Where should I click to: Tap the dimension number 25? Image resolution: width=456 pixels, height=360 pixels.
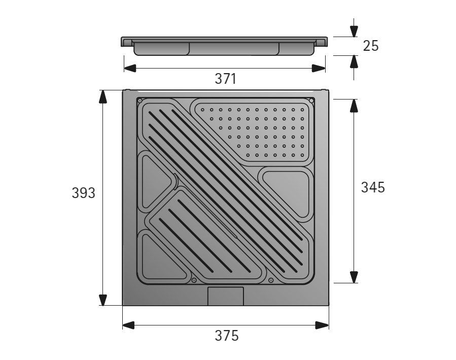click(x=371, y=46)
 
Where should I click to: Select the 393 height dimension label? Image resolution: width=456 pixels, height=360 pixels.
click(x=84, y=193)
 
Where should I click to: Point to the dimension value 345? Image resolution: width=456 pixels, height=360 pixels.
click(x=373, y=187)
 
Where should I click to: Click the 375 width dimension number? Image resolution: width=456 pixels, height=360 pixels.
click(x=225, y=336)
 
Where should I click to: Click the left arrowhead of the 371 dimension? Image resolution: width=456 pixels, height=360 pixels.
click(x=130, y=68)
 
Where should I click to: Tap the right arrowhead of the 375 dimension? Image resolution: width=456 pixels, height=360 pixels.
click(x=322, y=324)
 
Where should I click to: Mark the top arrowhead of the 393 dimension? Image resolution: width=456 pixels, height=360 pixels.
click(x=103, y=97)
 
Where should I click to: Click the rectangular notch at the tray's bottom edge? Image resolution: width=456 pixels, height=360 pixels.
click(x=226, y=296)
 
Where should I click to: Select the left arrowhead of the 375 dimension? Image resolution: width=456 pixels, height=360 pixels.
click(x=129, y=324)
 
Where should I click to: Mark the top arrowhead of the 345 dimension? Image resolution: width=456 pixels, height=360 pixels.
click(x=354, y=106)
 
